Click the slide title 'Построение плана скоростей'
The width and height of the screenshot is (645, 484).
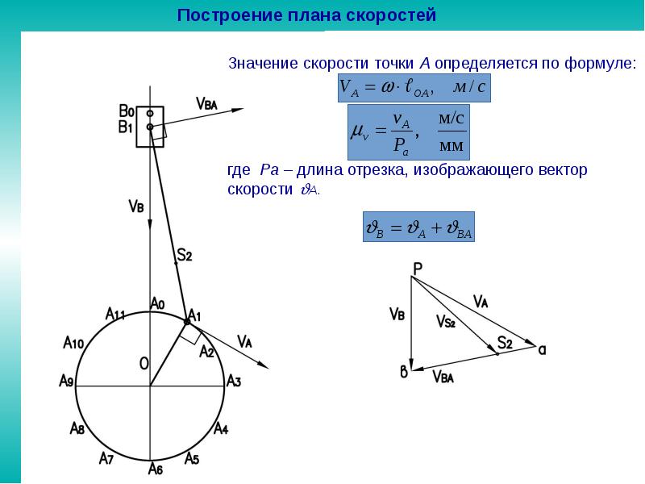click(306, 15)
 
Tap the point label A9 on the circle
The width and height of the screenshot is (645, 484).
click(67, 381)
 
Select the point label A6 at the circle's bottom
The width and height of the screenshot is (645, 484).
click(156, 468)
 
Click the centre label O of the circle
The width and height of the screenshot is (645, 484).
click(144, 365)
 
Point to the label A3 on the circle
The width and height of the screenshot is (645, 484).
click(234, 381)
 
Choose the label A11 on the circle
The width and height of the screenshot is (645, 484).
click(114, 314)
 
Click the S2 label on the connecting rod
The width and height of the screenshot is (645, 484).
click(184, 257)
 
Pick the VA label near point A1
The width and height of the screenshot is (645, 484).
click(244, 340)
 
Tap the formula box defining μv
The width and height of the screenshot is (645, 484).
click(408, 131)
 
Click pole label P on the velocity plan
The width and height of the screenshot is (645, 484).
click(417, 269)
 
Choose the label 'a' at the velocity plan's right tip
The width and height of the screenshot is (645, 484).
click(542, 350)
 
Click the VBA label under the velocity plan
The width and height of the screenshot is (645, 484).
click(443, 376)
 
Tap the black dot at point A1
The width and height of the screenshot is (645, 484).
click(187, 322)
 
